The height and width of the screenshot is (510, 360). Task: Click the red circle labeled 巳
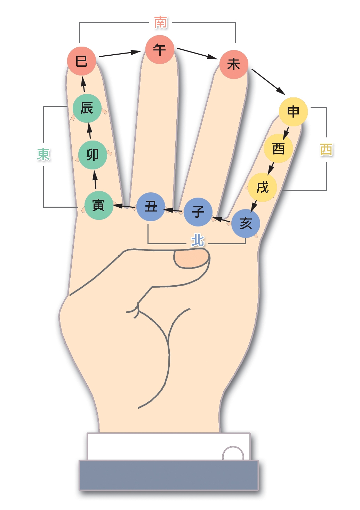click(x=81, y=61)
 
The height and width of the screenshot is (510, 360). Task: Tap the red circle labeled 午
click(x=159, y=49)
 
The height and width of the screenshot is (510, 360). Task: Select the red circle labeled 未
click(x=234, y=64)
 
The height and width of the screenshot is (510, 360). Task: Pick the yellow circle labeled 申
click(x=293, y=112)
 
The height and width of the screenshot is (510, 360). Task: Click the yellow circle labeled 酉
click(x=278, y=149)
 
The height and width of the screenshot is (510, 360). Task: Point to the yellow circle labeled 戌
click(x=263, y=187)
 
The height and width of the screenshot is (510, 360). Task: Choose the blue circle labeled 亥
click(x=246, y=223)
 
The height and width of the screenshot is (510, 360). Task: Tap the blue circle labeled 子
click(x=198, y=212)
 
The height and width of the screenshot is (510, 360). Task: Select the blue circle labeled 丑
click(x=151, y=207)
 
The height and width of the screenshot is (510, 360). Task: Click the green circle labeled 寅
click(x=99, y=205)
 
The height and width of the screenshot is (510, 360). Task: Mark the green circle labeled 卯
click(x=93, y=154)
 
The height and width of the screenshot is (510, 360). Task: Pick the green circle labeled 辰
click(x=87, y=108)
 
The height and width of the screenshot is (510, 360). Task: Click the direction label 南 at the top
click(x=161, y=22)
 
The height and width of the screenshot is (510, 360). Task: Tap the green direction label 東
click(x=43, y=154)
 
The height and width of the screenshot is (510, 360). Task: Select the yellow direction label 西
click(x=326, y=150)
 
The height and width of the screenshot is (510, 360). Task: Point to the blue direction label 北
click(x=198, y=240)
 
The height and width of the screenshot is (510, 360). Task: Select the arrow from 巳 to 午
click(x=120, y=54)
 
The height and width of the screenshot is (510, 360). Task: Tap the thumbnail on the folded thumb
click(x=192, y=259)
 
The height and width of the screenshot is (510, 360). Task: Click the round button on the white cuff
click(x=233, y=454)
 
